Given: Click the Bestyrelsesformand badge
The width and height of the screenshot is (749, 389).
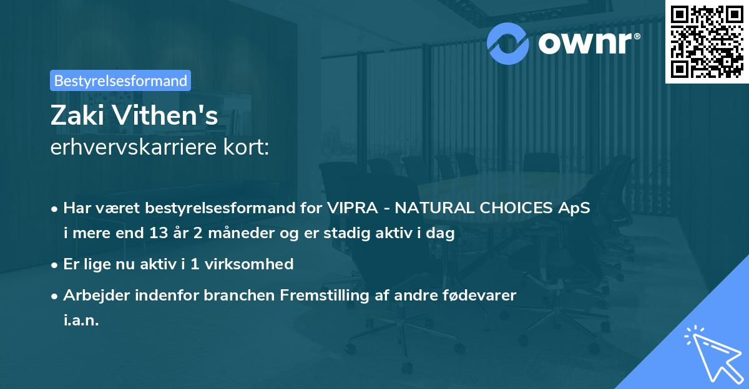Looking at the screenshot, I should pyautogui.click(x=120, y=80).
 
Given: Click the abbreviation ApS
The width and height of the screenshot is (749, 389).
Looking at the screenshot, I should pyautogui.click(x=574, y=208).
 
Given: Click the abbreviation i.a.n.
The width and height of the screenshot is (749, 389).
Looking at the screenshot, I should pyautogui.click(x=81, y=322).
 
